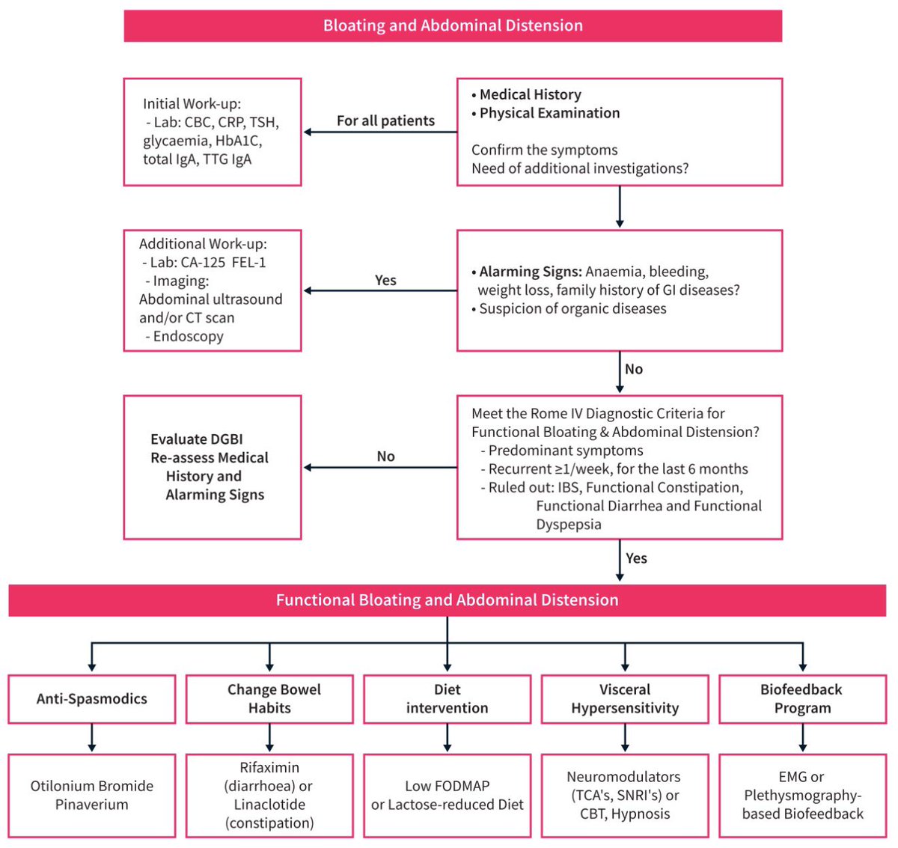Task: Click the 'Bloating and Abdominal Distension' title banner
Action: coord(453,25)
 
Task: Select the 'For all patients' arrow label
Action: coord(385,121)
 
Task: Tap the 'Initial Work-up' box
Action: coord(213,132)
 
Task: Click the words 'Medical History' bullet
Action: coord(530,94)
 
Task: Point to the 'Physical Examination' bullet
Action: coord(549,113)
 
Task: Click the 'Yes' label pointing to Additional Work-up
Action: coord(385,280)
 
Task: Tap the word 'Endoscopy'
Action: coord(188,336)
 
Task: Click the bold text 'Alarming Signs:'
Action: coord(530,272)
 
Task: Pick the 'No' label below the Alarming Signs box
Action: coord(634,369)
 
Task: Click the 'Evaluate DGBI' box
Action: coord(213,467)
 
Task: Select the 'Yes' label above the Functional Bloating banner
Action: coord(636,558)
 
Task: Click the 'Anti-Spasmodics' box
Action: coord(92,699)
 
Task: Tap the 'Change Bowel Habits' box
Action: coord(269,699)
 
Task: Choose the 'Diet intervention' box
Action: coord(448,699)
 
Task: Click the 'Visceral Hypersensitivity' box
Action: coord(625,699)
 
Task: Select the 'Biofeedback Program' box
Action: coord(802,699)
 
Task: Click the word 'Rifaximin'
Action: coord(269,767)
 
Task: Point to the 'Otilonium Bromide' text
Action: coord(92,786)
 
